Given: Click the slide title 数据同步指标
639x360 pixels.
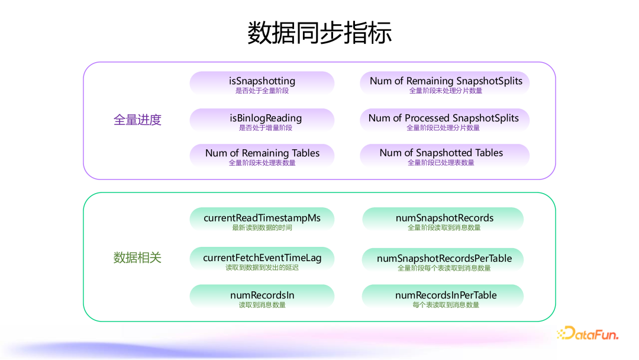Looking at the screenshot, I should [x=319, y=33].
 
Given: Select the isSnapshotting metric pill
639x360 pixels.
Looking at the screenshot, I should [x=262, y=83].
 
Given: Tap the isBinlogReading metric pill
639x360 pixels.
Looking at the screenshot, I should [x=262, y=120].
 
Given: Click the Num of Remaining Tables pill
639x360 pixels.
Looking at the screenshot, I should [x=262, y=155].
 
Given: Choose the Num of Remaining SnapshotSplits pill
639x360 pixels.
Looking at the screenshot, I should [x=446, y=83].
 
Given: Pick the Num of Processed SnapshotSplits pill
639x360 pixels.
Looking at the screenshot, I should [x=444, y=120].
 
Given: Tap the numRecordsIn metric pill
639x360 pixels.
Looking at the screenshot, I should [x=262, y=297].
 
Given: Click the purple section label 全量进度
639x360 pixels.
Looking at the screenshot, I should [x=137, y=120].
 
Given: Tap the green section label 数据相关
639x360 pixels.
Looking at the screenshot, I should [x=137, y=258].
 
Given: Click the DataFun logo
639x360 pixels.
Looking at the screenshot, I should [x=588, y=334].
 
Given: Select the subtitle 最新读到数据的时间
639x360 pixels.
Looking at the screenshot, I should [x=262, y=227].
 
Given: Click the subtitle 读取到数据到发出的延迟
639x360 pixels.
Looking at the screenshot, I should [x=262, y=268].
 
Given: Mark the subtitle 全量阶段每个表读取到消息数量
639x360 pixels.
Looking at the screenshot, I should [x=444, y=268].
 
